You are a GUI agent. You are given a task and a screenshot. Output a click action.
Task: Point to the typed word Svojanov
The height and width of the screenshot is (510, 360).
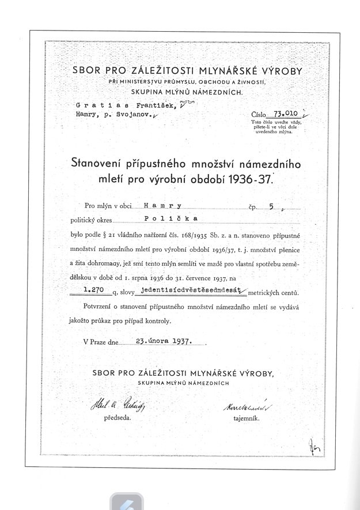pyautogui.click(x=135, y=115)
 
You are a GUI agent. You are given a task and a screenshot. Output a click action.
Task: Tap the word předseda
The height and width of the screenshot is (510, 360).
pyautogui.click(x=118, y=420)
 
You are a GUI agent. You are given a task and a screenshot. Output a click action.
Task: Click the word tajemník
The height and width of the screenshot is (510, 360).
pyautogui.click(x=246, y=420)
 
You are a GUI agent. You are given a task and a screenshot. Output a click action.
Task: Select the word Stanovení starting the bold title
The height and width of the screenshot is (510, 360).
pyautogui.click(x=99, y=164)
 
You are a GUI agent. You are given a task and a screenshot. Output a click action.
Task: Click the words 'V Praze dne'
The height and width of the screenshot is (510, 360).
pyautogui.click(x=100, y=341)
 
